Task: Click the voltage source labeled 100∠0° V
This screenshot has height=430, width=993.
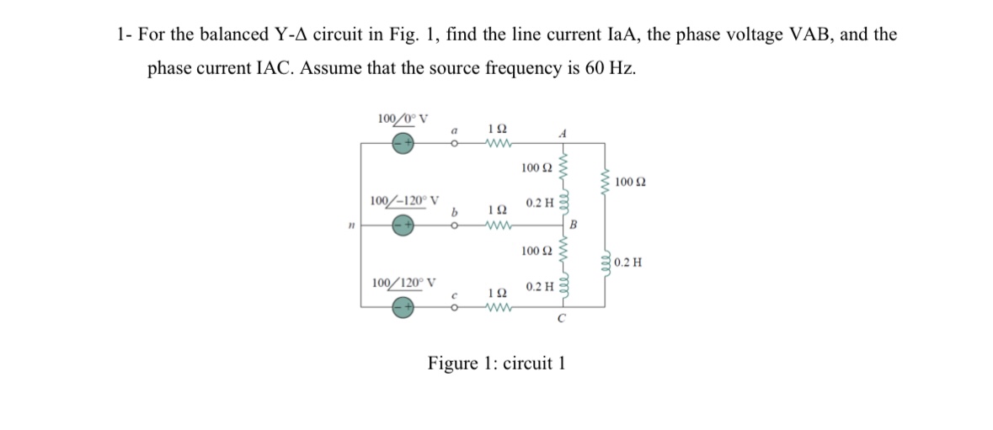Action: (x=403, y=143)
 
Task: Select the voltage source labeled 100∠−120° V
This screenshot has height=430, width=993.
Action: (x=403, y=225)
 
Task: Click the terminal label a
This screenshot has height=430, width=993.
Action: (x=454, y=130)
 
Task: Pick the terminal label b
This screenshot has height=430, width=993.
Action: (x=454, y=213)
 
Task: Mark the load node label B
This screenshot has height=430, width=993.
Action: (x=574, y=224)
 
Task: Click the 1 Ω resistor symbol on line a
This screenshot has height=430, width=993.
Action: (x=497, y=143)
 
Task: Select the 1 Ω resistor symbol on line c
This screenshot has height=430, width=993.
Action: (x=497, y=307)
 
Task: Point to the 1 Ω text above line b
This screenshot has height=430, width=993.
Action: (x=497, y=210)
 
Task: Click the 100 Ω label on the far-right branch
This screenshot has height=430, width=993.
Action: (x=630, y=183)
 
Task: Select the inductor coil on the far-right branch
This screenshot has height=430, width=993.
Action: (x=605, y=262)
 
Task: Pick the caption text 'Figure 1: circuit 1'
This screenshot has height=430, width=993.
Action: (x=496, y=364)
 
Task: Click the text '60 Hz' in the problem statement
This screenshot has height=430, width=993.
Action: (x=609, y=68)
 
